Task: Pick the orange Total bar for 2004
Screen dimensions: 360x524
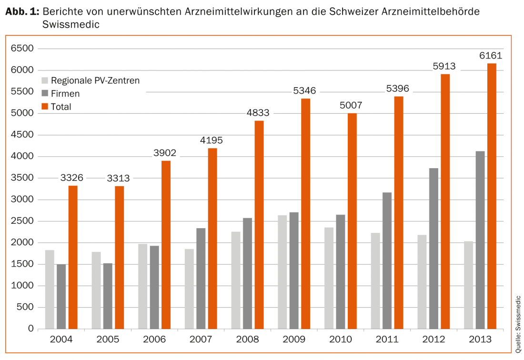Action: pos(73,257)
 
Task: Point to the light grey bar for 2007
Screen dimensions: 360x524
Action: pos(189,289)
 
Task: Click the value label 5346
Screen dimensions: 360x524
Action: pos(305,90)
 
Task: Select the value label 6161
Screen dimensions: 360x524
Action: pos(491,56)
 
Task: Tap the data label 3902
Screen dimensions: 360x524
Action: pos(165,153)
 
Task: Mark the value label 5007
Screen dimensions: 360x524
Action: pos(352,105)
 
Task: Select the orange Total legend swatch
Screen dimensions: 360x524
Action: pos(45,107)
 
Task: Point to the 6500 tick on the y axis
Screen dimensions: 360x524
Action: pos(22,49)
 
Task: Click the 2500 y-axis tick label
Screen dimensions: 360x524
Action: pos(22,221)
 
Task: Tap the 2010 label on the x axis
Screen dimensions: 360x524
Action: pos(341,340)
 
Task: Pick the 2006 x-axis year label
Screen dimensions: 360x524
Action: pos(154,340)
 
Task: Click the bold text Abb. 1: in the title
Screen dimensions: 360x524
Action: pos(22,12)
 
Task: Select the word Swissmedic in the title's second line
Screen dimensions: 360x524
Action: pos(71,24)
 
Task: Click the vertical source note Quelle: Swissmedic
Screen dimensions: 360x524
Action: pos(518,324)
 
